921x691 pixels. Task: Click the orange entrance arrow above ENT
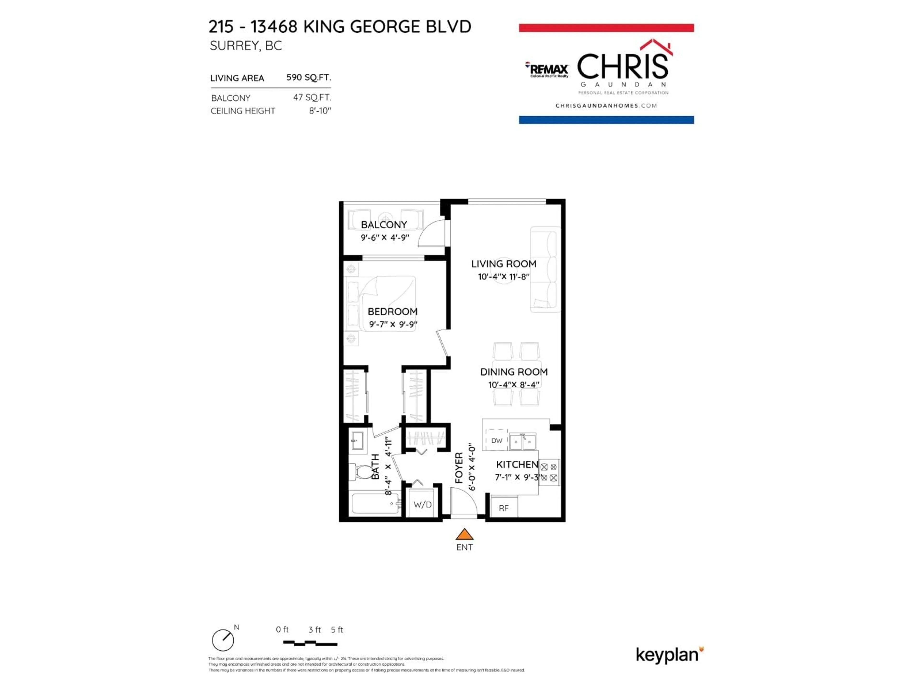click(x=464, y=534)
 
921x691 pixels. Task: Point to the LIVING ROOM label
click(x=503, y=264)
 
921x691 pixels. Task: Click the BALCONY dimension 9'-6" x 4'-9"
click(x=385, y=238)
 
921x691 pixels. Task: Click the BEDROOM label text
click(x=392, y=312)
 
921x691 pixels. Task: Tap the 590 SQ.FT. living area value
click(x=308, y=77)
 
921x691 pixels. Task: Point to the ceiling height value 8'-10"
click(x=320, y=111)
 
